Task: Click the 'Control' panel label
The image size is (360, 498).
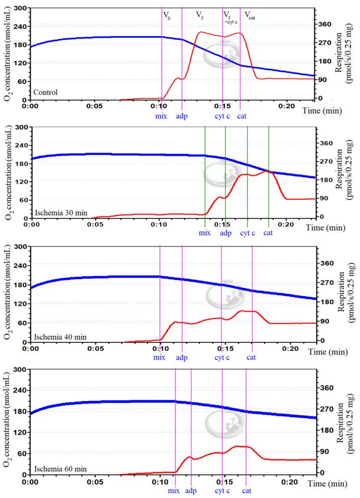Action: tap(46, 92)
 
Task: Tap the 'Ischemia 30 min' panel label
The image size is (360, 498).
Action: tap(60, 212)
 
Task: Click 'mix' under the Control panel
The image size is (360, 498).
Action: tap(161, 116)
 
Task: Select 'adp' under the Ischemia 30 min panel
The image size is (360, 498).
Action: tap(226, 233)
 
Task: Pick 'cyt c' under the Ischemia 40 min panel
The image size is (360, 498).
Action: tap(222, 357)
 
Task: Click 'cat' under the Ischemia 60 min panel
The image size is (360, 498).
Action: tap(247, 490)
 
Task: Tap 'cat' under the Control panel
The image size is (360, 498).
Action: tap(242, 116)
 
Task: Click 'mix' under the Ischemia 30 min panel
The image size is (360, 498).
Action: tap(205, 233)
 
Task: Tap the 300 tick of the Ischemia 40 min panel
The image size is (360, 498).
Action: tap(20, 246)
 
